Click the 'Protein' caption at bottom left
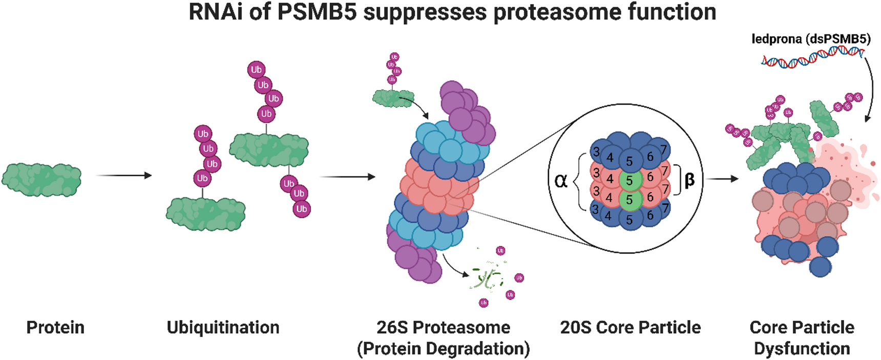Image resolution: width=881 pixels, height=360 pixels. [55, 328]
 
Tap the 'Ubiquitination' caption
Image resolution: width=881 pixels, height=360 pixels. [223, 328]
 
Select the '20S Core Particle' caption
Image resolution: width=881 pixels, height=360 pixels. [630, 328]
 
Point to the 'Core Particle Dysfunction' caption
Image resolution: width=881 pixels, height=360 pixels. [802, 338]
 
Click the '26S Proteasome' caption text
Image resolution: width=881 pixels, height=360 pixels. [443, 328]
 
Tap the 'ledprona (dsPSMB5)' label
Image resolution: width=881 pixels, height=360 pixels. [811, 39]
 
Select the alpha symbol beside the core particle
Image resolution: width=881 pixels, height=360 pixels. [561, 180]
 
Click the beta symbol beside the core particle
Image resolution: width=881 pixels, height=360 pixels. [689, 180]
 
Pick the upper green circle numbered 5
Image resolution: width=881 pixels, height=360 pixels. [630, 180]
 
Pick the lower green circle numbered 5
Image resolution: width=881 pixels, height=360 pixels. [630, 200]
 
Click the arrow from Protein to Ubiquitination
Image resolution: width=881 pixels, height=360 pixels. [124, 176]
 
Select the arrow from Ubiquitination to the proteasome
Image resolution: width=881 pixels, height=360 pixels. [347, 177]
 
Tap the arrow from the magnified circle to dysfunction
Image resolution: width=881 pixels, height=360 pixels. [723, 179]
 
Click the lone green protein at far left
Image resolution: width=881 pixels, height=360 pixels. [41, 179]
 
